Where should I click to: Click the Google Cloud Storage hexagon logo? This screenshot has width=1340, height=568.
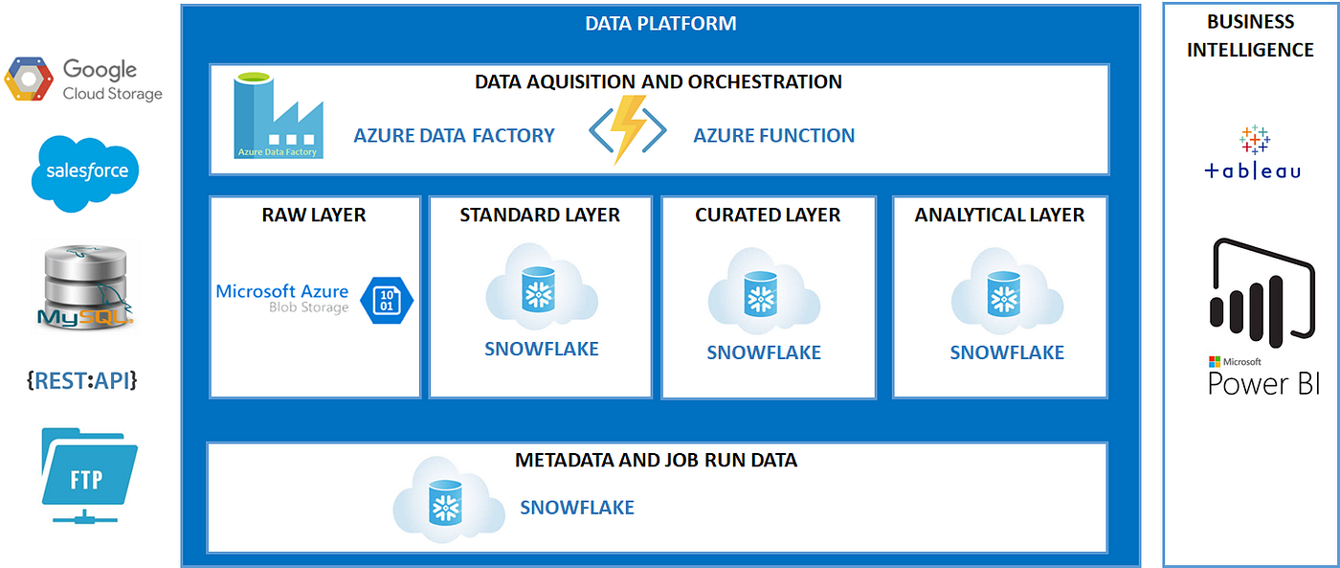(x=29, y=80)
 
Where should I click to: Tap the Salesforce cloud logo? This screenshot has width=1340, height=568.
(x=86, y=173)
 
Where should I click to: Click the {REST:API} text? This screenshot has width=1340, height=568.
(x=82, y=380)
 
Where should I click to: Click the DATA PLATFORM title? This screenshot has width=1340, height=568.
(x=660, y=23)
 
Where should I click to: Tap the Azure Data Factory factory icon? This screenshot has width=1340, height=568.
(x=279, y=118)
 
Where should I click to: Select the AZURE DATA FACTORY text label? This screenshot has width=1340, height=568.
(x=454, y=135)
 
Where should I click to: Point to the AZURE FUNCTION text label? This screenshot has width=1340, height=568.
(x=773, y=135)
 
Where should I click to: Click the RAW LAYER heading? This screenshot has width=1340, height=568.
(x=314, y=215)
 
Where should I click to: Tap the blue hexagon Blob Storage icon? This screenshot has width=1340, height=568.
(x=387, y=300)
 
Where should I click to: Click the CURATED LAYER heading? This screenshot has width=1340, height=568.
(x=768, y=215)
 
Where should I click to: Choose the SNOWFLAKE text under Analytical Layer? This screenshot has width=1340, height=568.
(x=1007, y=352)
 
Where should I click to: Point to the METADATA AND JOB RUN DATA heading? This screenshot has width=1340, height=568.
(x=656, y=460)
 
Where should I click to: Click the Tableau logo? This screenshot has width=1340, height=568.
(x=1253, y=152)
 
